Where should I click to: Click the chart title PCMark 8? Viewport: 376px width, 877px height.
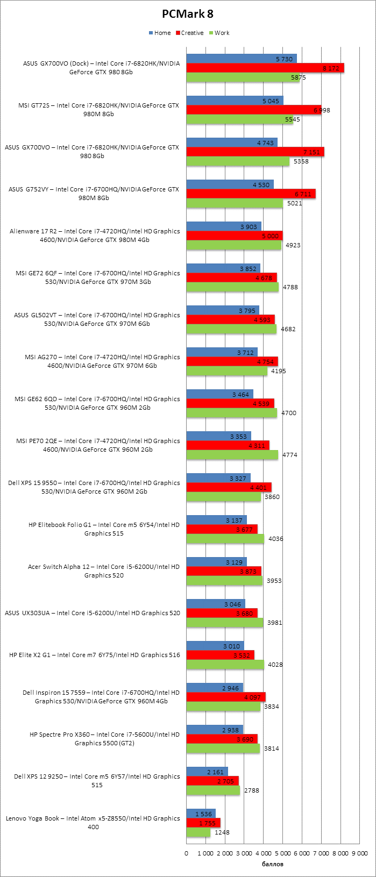(x=188, y=14)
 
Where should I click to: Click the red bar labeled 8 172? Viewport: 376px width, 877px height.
(x=265, y=68)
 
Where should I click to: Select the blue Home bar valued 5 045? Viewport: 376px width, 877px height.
(x=235, y=101)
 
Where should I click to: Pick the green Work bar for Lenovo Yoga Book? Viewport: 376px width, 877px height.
(x=198, y=832)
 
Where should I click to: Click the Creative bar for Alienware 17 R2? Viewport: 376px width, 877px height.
(x=235, y=236)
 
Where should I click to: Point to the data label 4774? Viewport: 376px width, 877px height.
(x=289, y=455)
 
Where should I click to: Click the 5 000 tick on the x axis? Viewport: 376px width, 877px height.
(x=282, y=853)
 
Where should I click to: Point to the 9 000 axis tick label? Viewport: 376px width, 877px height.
(x=359, y=853)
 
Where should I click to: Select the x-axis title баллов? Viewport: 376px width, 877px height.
(x=273, y=864)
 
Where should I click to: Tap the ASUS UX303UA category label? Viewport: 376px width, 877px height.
(x=93, y=613)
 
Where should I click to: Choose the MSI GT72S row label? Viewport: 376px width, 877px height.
(x=98, y=110)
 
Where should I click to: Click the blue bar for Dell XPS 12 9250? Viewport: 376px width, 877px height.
(x=207, y=772)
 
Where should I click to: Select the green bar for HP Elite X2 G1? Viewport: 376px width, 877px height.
(x=225, y=665)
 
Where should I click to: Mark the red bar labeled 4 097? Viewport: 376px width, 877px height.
(x=226, y=697)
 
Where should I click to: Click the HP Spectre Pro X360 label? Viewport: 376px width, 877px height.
(x=104, y=739)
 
